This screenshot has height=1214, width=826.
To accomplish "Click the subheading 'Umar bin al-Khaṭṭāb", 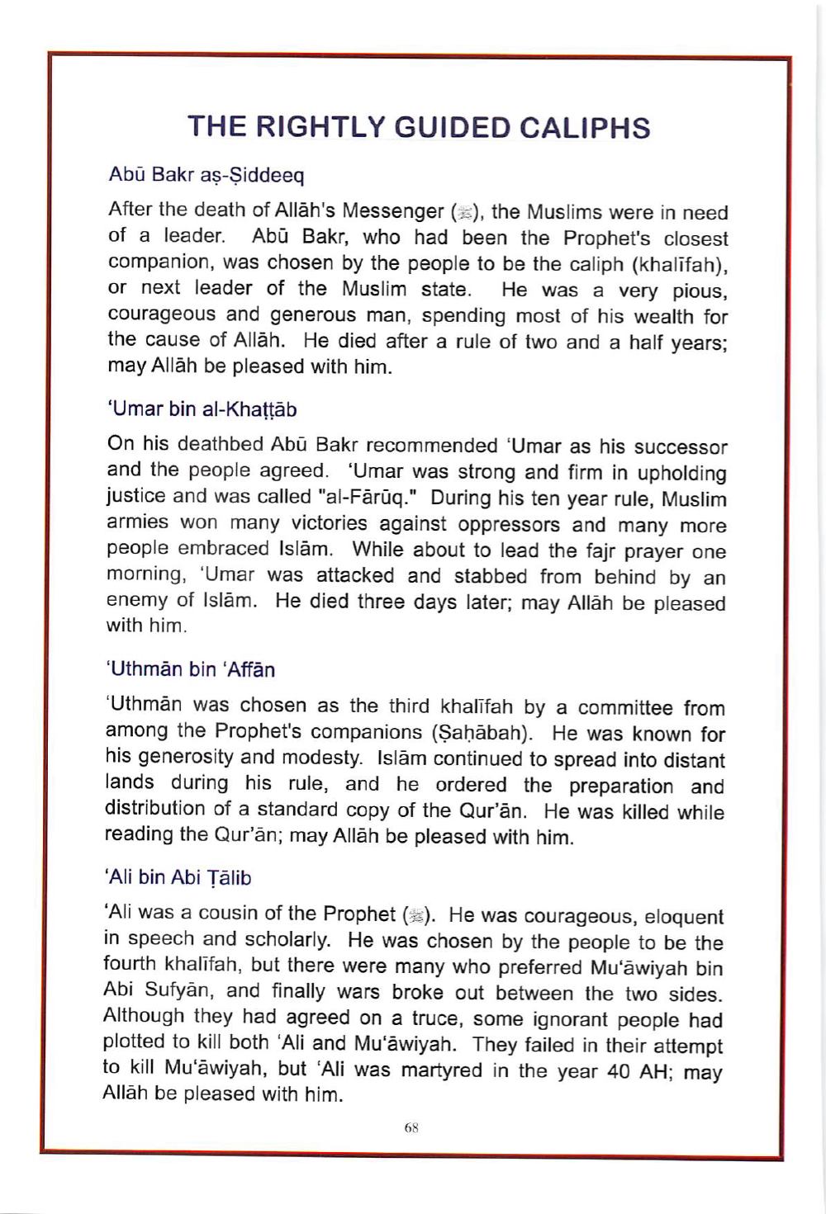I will (x=202, y=409).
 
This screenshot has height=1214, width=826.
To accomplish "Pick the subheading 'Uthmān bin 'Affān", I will (x=191, y=668).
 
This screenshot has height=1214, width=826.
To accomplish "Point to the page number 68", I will (x=413, y=1127).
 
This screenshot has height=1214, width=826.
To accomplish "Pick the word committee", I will (x=627, y=707).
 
